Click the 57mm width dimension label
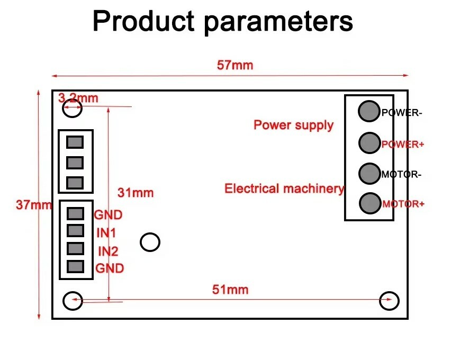pyautogui.click(x=234, y=65)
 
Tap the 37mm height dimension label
pyautogui.click(x=34, y=205)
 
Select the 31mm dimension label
pyautogui.click(x=136, y=193)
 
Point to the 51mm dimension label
pyautogui.click(x=230, y=290)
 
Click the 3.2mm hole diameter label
pyautogui.click(x=78, y=98)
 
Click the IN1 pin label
pyautogui.click(x=106, y=233)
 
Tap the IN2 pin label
pyautogui.click(x=108, y=251)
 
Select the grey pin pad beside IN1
pyautogui.click(x=75, y=231)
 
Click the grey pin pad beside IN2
pyautogui.click(x=75, y=248)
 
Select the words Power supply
pyautogui.click(x=293, y=125)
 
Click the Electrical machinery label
pyautogui.click(x=284, y=188)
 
